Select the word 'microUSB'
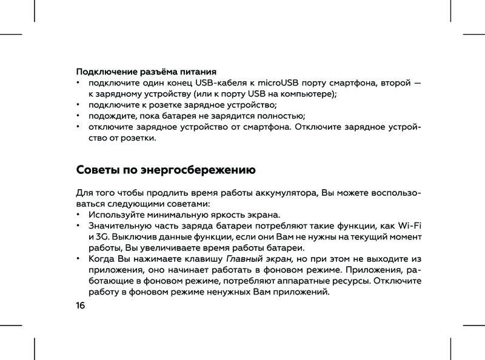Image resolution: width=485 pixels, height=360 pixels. [278, 82]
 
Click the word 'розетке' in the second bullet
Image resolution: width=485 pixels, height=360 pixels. [167, 105]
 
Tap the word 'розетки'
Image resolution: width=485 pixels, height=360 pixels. [138, 138]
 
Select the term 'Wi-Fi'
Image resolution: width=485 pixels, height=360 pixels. [409, 226]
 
